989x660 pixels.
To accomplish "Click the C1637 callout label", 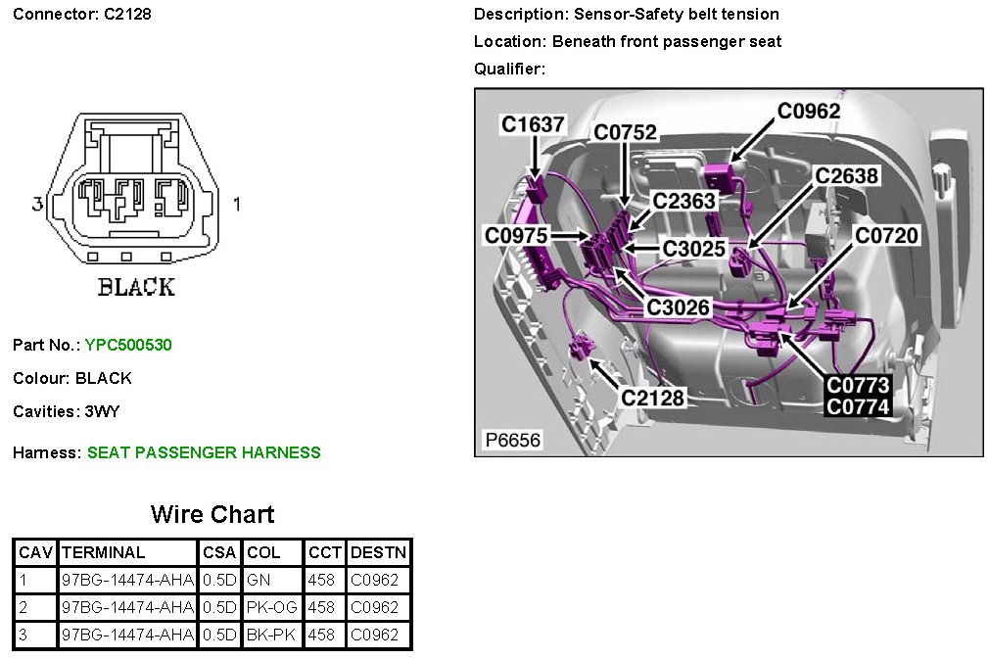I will pyautogui.click(x=533, y=124).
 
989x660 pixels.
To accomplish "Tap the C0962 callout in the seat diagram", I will pyautogui.click(x=809, y=111).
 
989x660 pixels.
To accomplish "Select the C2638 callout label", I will pyautogui.click(x=847, y=176).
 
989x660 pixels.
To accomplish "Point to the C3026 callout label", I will pyautogui.click(x=678, y=307).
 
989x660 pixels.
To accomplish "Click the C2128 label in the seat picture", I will pyautogui.click(x=653, y=398).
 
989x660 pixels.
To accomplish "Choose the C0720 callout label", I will pyautogui.click(x=886, y=235).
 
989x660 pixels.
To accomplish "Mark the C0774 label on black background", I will pyautogui.click(x=858, y=406).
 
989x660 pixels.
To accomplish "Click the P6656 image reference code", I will pyautogui.click(x=512, y=441).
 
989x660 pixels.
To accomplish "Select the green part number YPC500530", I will pyautogui.click(x=128, y=345).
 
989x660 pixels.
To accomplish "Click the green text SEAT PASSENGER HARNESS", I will pyautogui.click(x=204, y=452).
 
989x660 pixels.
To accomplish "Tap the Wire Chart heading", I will pyautogui.click(x=212, y=514).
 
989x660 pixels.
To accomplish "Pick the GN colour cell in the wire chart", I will pyautogui.click(x=259, y=580).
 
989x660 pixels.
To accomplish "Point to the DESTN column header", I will pyautogui.click(x=378, y=552).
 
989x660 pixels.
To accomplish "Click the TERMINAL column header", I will pyautogui.click(x=103, y=552).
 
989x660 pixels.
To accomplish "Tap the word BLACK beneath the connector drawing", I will pyautogui.click(x=136, y=288).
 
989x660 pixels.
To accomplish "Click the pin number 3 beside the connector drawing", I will pyautogui.click(x=37, y=205).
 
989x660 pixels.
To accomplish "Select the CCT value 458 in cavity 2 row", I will pyautogui.click(x=321, y=607).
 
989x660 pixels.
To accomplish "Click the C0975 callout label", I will pyautogui.click(x=516, y=235).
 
